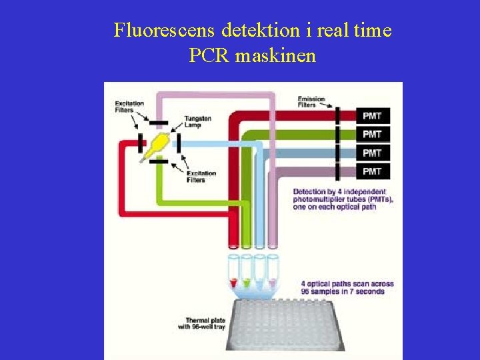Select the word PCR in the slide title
[x=209, y=56]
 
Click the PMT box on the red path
[x=373, y=116]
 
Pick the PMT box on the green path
[x=373, y=134]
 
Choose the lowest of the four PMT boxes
[x=373, y=171]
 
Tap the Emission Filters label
[x=311, y=102]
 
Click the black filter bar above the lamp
[x=158, y=123]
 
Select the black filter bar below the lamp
[x=158, y=161]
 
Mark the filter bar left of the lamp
[x=140, y=142]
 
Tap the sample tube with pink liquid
[x=272, y=273]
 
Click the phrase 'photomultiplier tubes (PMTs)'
[x=343, y=199]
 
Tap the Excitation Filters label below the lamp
[x=201, y=177]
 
